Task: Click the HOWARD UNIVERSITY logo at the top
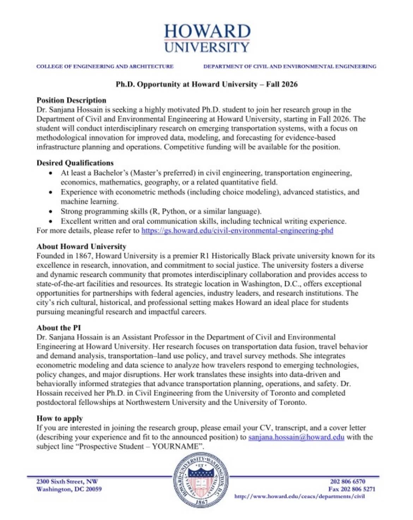click(x=207, y=38)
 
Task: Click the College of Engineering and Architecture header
click(x=105, y=66)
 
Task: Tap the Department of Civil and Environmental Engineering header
click(x=289, y=66)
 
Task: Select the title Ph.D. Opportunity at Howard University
click(x=207, y=84)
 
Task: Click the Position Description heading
click(x=71, y=100)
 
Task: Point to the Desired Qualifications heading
click(x=75, y=163)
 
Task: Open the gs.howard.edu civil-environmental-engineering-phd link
click(x=237, y=231)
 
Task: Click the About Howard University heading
click(x=81, y=246)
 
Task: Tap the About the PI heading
click(x=59, y=328)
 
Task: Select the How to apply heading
click(x=60, y=418)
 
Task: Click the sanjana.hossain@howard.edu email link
click(x=296, y=437)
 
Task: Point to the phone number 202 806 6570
click(x=348, y=482)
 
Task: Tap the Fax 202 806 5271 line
click(x=352, y=489)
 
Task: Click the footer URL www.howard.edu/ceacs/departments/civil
click(x=299, y=496)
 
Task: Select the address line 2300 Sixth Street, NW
click(x=67, y=482)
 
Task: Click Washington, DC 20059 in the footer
click(x=69, y=489)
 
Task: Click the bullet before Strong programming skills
click(x=52, y=212)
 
